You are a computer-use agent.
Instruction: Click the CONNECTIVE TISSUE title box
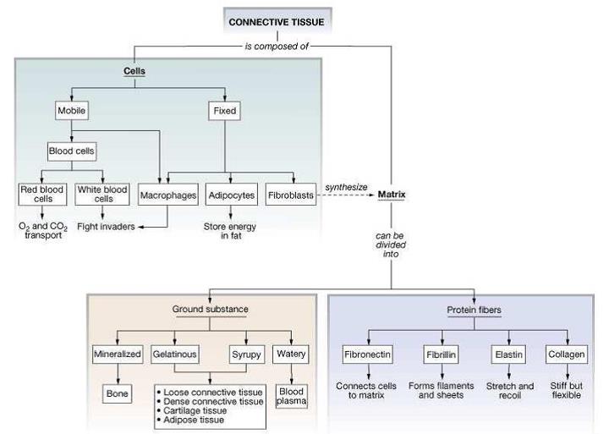[x=277, y=21]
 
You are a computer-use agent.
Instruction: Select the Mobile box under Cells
[x=72, y=111]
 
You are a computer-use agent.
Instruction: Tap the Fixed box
[x=225, y=111]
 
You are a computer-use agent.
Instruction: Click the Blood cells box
[x=72, y=152]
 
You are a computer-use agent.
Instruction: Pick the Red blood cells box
[x=41, y=195]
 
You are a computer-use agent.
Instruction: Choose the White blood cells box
[x=101, y=195]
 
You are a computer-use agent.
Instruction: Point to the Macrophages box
[x=167, y=195]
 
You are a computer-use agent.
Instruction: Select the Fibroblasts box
[x=290, y=195]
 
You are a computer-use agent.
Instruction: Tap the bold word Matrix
[x=392, y=195]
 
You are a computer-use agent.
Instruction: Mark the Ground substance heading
[x=210, y=310]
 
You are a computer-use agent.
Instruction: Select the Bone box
[x=117, y=393]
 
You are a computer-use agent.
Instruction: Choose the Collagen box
[x=566, y=353]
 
